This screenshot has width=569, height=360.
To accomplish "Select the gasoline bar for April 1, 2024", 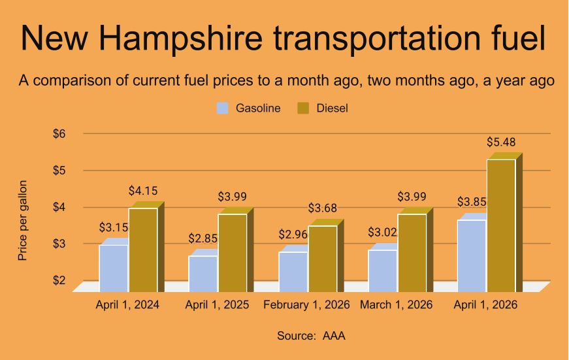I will [x=114, y=268].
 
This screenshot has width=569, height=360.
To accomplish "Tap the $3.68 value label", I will [x=323, y=208].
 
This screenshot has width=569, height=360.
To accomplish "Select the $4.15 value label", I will [x=143, y=191].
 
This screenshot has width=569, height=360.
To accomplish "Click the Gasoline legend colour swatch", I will [x=223, y=108].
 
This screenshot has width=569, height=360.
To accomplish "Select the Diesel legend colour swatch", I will [x=303, y=108].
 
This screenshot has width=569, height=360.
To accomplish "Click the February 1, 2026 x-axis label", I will [x=306, y=305].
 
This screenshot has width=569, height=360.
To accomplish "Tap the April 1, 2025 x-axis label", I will [x=217, y=305].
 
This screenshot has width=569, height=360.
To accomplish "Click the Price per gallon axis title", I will [x=23, y=220].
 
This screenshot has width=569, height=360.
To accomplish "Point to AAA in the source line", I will [x=334, y=336].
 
